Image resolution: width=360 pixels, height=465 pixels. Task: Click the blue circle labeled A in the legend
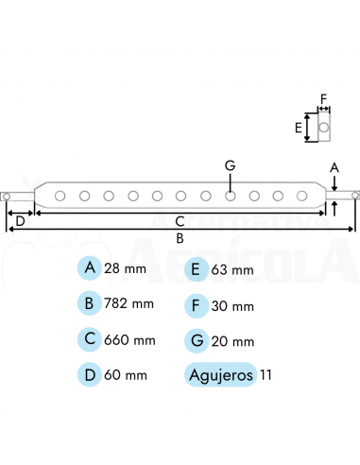tap(90, 268)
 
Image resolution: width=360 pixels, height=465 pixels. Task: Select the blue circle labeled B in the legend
tap(90, 303)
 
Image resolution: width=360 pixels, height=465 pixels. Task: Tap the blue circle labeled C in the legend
tap(90, 339)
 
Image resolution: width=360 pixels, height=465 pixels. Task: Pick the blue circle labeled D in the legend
tap(90, 374)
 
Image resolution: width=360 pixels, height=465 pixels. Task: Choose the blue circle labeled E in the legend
tap(197, 268)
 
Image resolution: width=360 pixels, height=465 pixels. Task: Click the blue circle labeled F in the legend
tap(197, 304)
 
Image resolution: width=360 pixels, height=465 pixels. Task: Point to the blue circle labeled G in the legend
tap(197, 339)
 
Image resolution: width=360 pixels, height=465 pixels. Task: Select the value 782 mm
tap(130, 304)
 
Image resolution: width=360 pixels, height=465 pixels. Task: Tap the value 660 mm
tap(130, 339)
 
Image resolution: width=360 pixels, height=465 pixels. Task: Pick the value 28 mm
tap(128, 268)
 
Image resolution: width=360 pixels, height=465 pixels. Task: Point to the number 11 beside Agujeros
tap(266, 374)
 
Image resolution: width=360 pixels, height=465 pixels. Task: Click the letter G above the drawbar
tap(230, 165)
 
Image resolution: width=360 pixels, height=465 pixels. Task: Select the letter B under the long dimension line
tap(180, 239)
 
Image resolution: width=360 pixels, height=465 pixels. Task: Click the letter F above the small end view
tap(322, 97)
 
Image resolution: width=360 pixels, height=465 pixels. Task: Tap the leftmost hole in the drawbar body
tap(60, 196)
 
